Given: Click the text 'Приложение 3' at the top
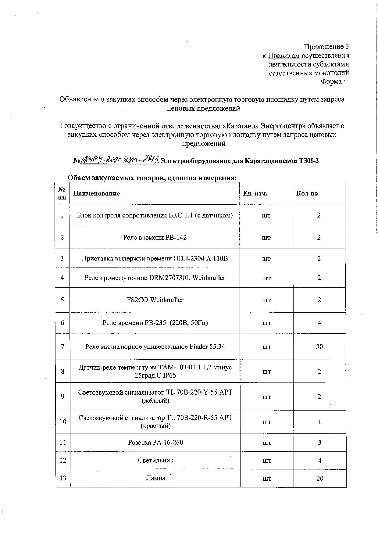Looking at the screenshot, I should (326, 47).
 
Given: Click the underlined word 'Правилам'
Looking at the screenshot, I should (283, 56).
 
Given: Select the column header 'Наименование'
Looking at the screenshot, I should (97, 193).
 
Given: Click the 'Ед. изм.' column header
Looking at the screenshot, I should (255, 193).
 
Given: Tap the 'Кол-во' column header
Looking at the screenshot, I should (307, 193).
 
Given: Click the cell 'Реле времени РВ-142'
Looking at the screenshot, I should (155, 237).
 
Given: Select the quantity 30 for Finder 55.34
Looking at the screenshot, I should (319, 346).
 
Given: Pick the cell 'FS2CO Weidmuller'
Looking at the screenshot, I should (155, 300).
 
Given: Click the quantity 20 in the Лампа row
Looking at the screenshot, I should (319, 478).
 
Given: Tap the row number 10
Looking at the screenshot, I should (63, 422).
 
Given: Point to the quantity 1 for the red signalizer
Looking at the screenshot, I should (319, 422).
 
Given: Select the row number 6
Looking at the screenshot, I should (62, 323).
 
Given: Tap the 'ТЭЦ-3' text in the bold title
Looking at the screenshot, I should (308, 161).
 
